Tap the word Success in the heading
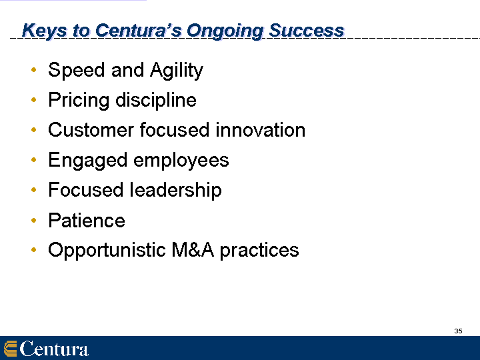pos(307,31)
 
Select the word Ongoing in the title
pos(225,31)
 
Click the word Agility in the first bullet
pos(177,71)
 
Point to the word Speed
pos(77,70)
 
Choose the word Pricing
pos(79,101)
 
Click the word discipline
pos(156,100)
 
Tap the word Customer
pos(91,130)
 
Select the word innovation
pos(261,130)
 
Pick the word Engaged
pos(88,161)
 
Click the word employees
pos(181,161)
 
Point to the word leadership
pos(176,190)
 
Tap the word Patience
pos(87,221)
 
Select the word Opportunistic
pos(107,251)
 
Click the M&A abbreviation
pos(193,250)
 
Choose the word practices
pos(259,251)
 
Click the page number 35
pos(458,331)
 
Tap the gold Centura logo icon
pos(10,349)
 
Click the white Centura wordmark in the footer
pos(54,349)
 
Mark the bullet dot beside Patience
pos(34,220)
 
